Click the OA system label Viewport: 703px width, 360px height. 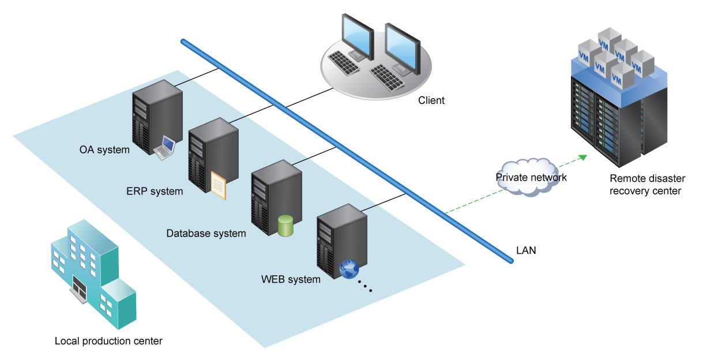click(104, 150)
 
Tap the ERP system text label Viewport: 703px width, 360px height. click(155, 191)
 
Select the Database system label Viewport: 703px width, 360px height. click(206, 233)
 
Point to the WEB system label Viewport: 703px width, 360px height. click(291, 279)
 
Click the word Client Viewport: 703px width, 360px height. click(431, 100)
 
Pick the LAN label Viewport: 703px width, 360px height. click(526, 250)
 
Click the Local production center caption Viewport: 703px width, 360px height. click(108, 341)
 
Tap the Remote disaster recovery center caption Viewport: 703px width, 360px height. click(647, 185)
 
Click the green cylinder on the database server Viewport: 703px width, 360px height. click(285, 226)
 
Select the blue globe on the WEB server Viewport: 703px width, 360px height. click(349, 269)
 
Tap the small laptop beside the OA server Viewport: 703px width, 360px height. click(165, 148)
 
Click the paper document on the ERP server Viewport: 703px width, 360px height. click(219, 185)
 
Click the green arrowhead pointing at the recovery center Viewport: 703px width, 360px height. click(583, 157)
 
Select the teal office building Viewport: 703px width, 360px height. click(93, 274)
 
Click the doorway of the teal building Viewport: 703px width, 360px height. click(79, 287)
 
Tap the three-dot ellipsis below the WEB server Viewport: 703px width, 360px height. click(365, 286)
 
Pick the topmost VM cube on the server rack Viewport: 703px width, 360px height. click(609, 40)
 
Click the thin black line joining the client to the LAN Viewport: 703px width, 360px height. click(310, 97)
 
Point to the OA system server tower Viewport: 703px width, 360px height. click(157, 117)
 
